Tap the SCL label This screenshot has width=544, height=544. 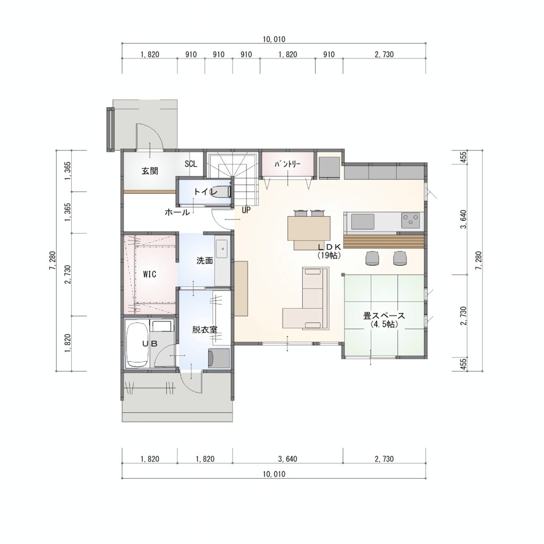coord(191,164)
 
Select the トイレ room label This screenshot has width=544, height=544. coord(206,191)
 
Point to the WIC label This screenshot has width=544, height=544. coord(149,275)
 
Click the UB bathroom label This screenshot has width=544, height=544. coord(150,344)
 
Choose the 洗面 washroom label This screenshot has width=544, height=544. coord(205,260)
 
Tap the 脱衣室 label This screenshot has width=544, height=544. coord(205,329)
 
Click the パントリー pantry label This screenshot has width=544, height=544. coord(287,164)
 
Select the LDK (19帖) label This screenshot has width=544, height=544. coord(329,251)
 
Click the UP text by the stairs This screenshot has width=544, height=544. coord(246,210)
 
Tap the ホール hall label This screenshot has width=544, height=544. coord(177,212)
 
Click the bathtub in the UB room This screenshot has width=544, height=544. coord(138,344)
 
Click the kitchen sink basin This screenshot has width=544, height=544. coord(363,222)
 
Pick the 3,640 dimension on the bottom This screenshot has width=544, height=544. coord(287,459)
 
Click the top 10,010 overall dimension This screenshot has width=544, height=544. coord(274,39)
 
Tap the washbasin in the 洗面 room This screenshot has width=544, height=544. coord(222,249)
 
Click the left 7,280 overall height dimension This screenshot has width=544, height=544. coord(53,260)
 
